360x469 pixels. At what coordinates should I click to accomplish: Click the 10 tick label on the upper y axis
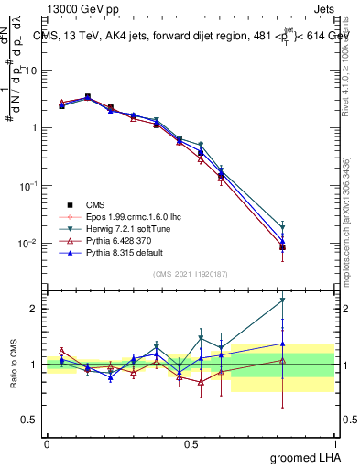click(x=33, y=70)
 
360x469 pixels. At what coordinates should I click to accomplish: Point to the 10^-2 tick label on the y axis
click(x=30, y=244)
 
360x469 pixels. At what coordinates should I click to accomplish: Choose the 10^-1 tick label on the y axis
click(x=30, y=186)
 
